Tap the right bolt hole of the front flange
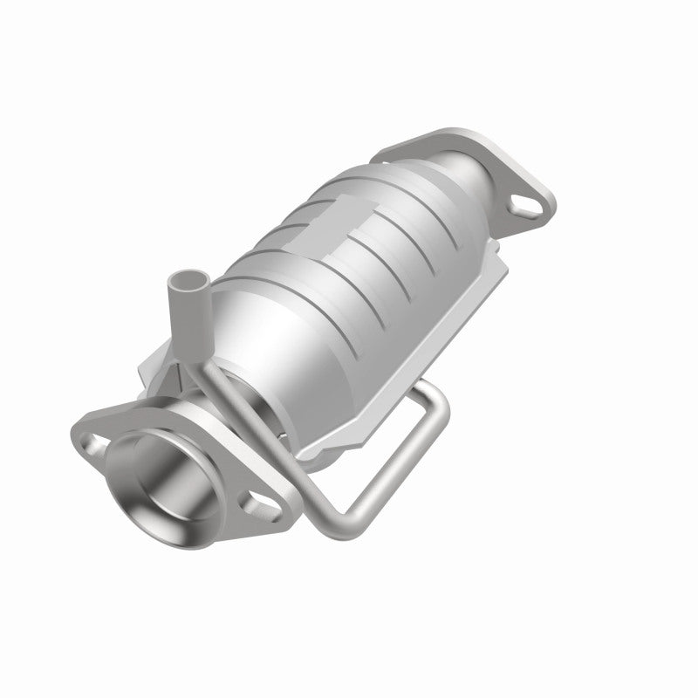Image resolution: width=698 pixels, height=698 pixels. point(259,505)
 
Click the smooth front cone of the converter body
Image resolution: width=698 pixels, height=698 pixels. point(262,340)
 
